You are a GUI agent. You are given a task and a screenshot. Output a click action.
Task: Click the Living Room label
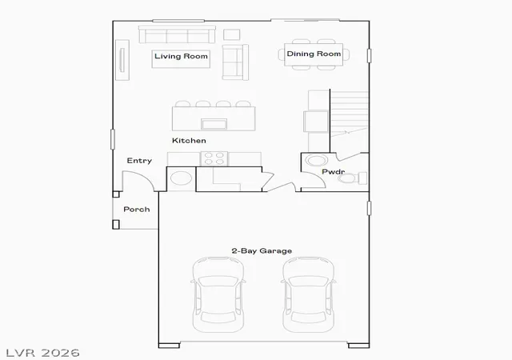181,56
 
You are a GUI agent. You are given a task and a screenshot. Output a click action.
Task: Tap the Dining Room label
314,54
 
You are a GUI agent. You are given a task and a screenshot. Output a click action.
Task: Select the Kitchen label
189,141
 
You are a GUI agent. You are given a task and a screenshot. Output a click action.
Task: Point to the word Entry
139,161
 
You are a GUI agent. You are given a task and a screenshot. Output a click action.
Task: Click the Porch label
137,210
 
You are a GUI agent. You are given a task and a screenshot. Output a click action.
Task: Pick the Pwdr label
333,171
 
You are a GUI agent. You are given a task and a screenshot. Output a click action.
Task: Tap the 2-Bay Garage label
262,251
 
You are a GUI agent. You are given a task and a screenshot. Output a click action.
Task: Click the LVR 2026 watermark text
42,353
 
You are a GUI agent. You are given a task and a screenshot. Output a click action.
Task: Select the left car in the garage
218,294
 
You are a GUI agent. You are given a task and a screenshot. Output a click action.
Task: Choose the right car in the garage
309,294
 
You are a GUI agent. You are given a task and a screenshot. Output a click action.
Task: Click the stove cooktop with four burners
214,158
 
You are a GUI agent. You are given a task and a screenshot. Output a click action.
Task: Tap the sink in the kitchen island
214,124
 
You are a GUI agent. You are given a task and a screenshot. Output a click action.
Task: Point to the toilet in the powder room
352,178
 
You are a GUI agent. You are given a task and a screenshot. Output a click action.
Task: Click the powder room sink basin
316,160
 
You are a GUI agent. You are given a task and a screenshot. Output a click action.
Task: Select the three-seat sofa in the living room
177,34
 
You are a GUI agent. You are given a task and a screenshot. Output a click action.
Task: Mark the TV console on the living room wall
122,60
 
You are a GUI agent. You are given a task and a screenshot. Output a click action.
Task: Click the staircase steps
350,113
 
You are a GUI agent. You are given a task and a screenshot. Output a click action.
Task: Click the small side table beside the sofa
232,34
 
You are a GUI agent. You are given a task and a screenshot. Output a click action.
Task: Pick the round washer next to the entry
182,178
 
